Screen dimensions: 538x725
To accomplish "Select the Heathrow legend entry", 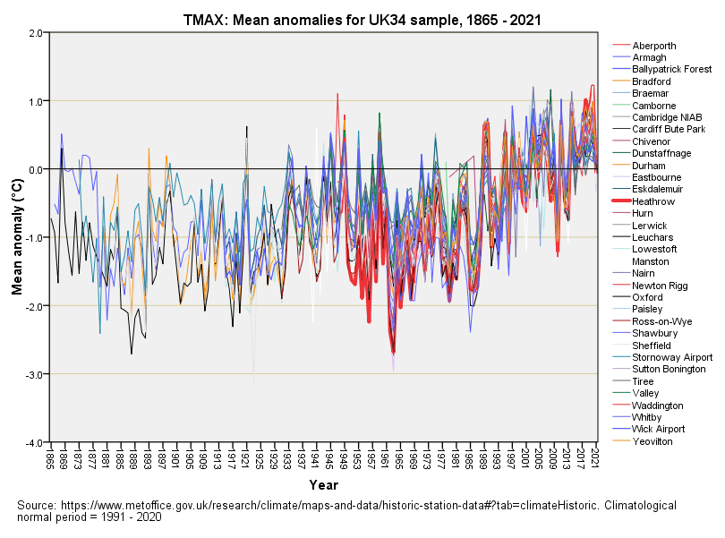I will [x=653, y=201].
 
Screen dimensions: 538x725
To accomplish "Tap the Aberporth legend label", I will [x=653, y=46].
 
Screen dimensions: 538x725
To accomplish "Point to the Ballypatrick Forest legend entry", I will [x=671, y=70].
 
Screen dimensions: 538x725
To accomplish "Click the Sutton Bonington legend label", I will [x=669, y=369].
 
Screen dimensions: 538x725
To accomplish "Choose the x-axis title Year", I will [x=323, y=485].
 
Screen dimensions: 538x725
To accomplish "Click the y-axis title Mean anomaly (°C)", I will [x=16, y=237].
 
